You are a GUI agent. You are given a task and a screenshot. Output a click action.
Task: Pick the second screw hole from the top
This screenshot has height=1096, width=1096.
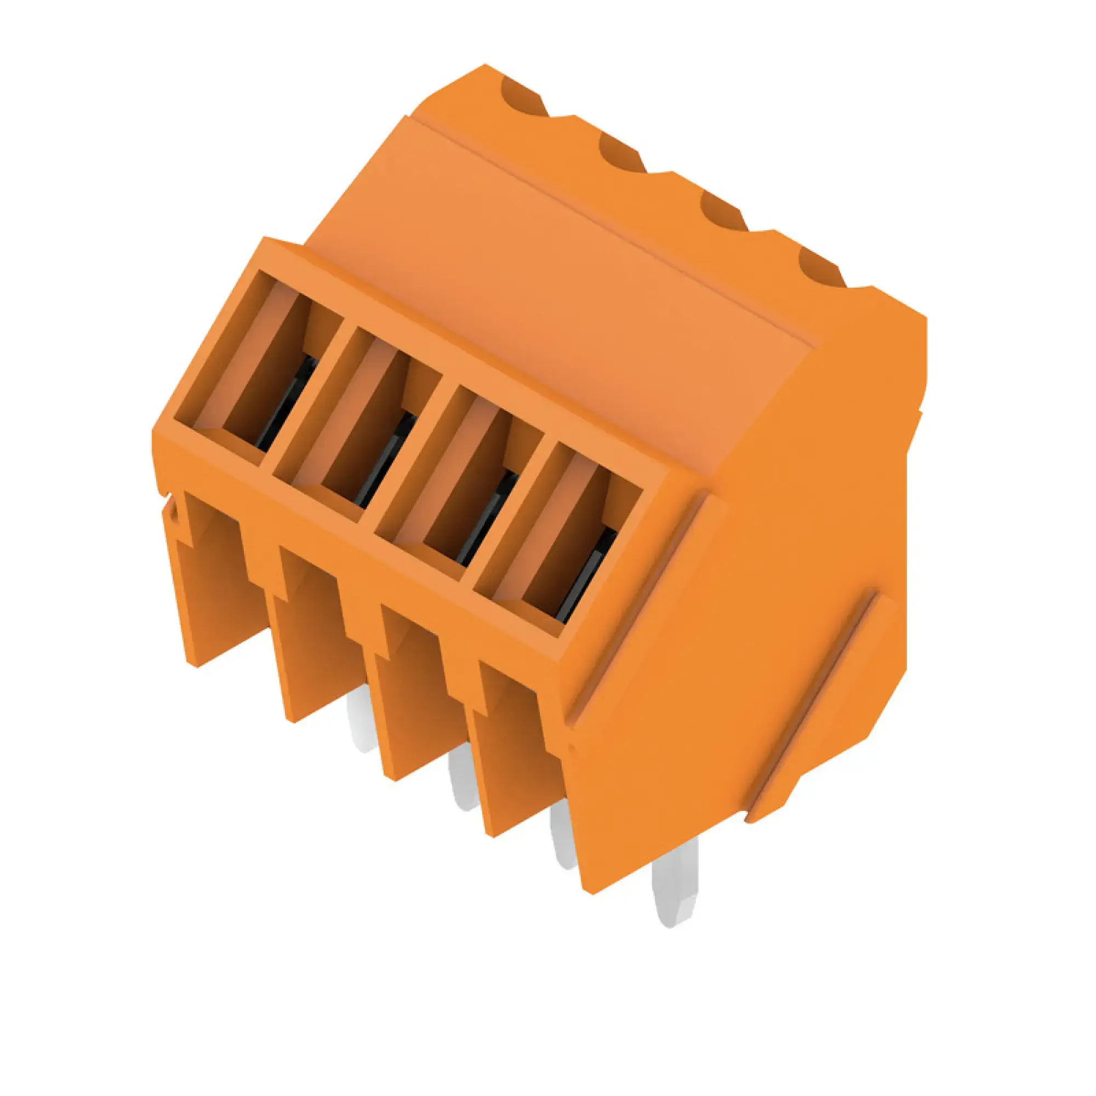point(621,153)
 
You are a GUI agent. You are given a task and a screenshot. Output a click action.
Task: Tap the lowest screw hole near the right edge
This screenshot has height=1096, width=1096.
point(820,270)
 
